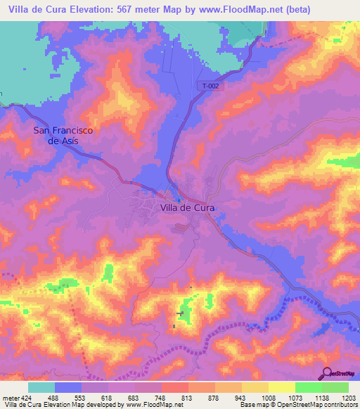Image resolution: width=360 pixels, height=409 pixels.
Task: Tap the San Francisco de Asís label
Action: [63, 135]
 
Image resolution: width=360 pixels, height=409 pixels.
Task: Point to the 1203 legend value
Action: [348, 397]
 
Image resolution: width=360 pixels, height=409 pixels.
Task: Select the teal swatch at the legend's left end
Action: [41, 387]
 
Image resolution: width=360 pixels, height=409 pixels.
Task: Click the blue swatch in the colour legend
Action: [67, 387]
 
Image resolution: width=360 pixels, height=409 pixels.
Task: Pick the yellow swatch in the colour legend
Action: [281, 387]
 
